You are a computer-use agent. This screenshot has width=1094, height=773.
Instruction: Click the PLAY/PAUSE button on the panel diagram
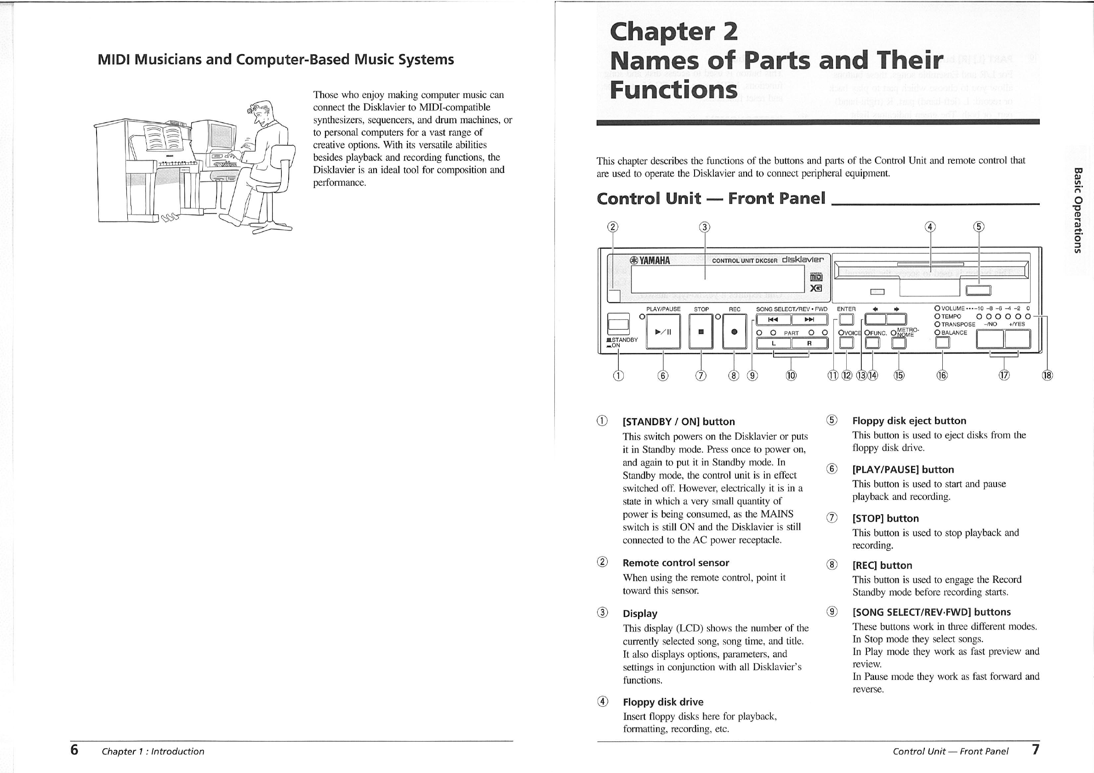pyautogui.click(x=663, y=332)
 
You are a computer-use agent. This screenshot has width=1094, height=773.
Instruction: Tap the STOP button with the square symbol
pyautogui.click(x=701, y=332)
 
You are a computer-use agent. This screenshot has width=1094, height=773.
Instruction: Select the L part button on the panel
pyautogui.click(x=774, y=343)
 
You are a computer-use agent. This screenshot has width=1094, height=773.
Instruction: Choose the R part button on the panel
pyautogui.click(x=809, y=343)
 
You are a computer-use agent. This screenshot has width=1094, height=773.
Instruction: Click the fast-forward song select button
pyautogui.click(x=809, y=319)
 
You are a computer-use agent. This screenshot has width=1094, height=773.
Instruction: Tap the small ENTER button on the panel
pyautogui.click(x=846, y=319)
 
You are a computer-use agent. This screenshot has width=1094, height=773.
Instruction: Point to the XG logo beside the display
pyautogui.click(x=816, y=288)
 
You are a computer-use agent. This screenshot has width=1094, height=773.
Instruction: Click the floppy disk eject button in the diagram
pyautogui.click(x=978, y=290)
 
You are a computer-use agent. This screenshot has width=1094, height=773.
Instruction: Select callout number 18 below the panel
pyautogui.click(x=1047, y=375)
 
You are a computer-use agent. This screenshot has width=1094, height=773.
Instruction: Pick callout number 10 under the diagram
pyautogui.click(x=791, y=375)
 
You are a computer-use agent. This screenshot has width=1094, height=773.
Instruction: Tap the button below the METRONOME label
pyautogui.click(x=899, y=343)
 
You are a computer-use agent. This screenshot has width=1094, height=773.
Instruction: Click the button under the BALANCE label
pyautogui.click(x=942, y=342)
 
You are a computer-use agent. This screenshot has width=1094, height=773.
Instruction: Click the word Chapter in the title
pyautogui.click(x=662, y=32)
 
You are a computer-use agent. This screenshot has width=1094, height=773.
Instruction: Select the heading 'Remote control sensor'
pyautogui.click(x=676, y=563)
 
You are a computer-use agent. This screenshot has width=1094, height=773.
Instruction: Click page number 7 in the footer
pyautogui.click(x=1035, y=750)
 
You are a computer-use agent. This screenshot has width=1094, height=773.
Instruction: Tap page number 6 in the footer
pyautogui.click(x=74, y=750)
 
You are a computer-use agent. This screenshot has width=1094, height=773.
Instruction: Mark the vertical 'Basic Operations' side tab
pyautogui.click(x=1078, y=210)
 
